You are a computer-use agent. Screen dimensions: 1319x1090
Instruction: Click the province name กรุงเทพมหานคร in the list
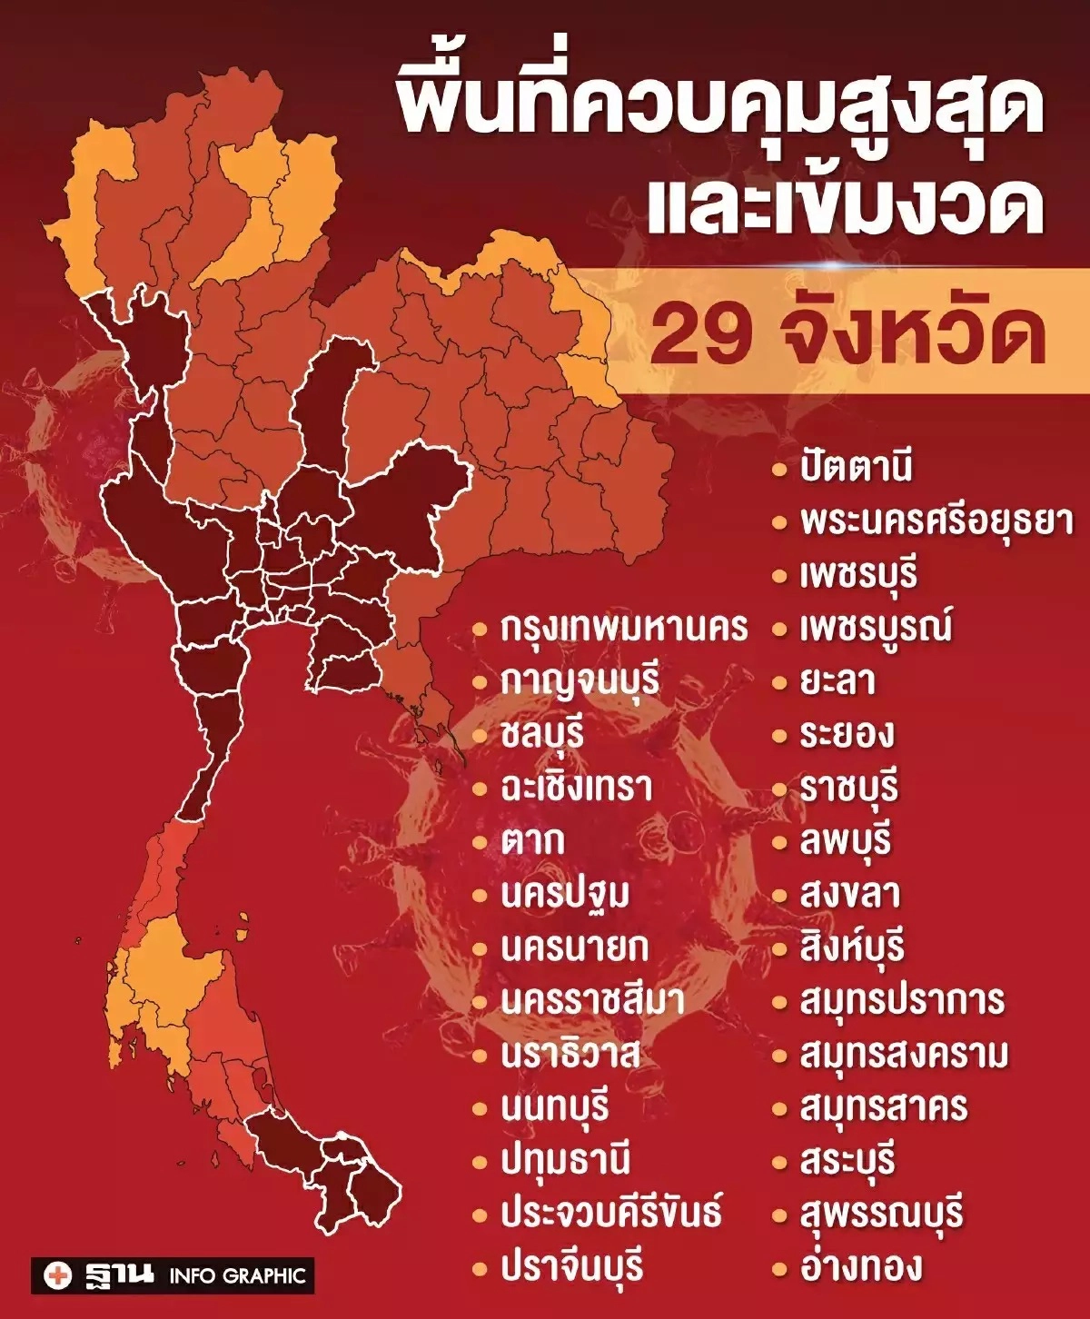(624, 628)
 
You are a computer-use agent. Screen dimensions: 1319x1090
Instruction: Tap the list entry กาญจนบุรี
(580, 681)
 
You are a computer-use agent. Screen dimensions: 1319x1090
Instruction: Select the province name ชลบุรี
(541, 734)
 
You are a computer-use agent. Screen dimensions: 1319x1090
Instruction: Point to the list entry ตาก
(533, 841)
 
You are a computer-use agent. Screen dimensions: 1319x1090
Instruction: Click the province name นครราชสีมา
(592, 1000)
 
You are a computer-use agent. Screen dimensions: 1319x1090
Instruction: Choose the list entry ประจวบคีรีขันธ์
(611, 1214)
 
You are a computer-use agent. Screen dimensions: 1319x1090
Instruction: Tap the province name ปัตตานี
(856, 468)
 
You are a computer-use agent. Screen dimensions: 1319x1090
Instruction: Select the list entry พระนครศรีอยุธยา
(936, 521)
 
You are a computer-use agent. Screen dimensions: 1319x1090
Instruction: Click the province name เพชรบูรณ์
(876, 628)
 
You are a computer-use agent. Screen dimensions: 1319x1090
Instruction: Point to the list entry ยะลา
(837, 681)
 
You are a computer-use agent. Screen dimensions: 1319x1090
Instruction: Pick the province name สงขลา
(849, 895)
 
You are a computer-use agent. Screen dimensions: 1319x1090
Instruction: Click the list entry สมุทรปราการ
(902, 1000)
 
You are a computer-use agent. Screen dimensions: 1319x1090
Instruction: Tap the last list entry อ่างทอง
(860, 1266)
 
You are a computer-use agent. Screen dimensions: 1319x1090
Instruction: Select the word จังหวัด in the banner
(913, 332)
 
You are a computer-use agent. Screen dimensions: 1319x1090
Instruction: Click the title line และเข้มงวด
(845, 209)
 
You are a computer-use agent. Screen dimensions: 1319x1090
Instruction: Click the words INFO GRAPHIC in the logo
(237, 1276)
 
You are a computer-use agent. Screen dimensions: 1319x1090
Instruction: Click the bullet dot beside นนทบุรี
(481, 1108)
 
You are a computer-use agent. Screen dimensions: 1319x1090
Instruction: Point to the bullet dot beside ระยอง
(779, 735)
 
